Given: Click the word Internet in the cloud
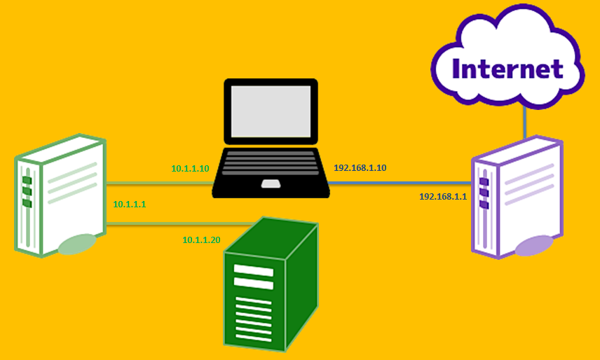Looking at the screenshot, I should (x=508, y=69).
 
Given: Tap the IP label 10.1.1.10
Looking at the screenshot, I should (x=191, y=169).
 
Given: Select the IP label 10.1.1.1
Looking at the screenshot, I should (x=129, y=204).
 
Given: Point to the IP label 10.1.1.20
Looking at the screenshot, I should (x=201, y=240).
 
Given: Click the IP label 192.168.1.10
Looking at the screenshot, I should (x=360, y=168).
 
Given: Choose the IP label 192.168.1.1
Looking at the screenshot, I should (x=442, y=197).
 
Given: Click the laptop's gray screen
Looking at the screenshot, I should (x=271, y=111).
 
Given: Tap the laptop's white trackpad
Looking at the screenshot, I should (x=271, y=184).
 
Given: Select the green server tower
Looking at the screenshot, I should (x=270, y=287).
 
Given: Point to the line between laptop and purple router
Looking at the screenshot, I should (x=400, y=184).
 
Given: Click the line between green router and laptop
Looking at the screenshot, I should (x=158, y=184).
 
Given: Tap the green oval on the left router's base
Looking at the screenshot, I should (x=76, y=244).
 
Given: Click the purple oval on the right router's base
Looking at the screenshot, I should (x=533, y=245).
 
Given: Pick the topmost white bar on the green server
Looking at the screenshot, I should (x=253, y=270).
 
